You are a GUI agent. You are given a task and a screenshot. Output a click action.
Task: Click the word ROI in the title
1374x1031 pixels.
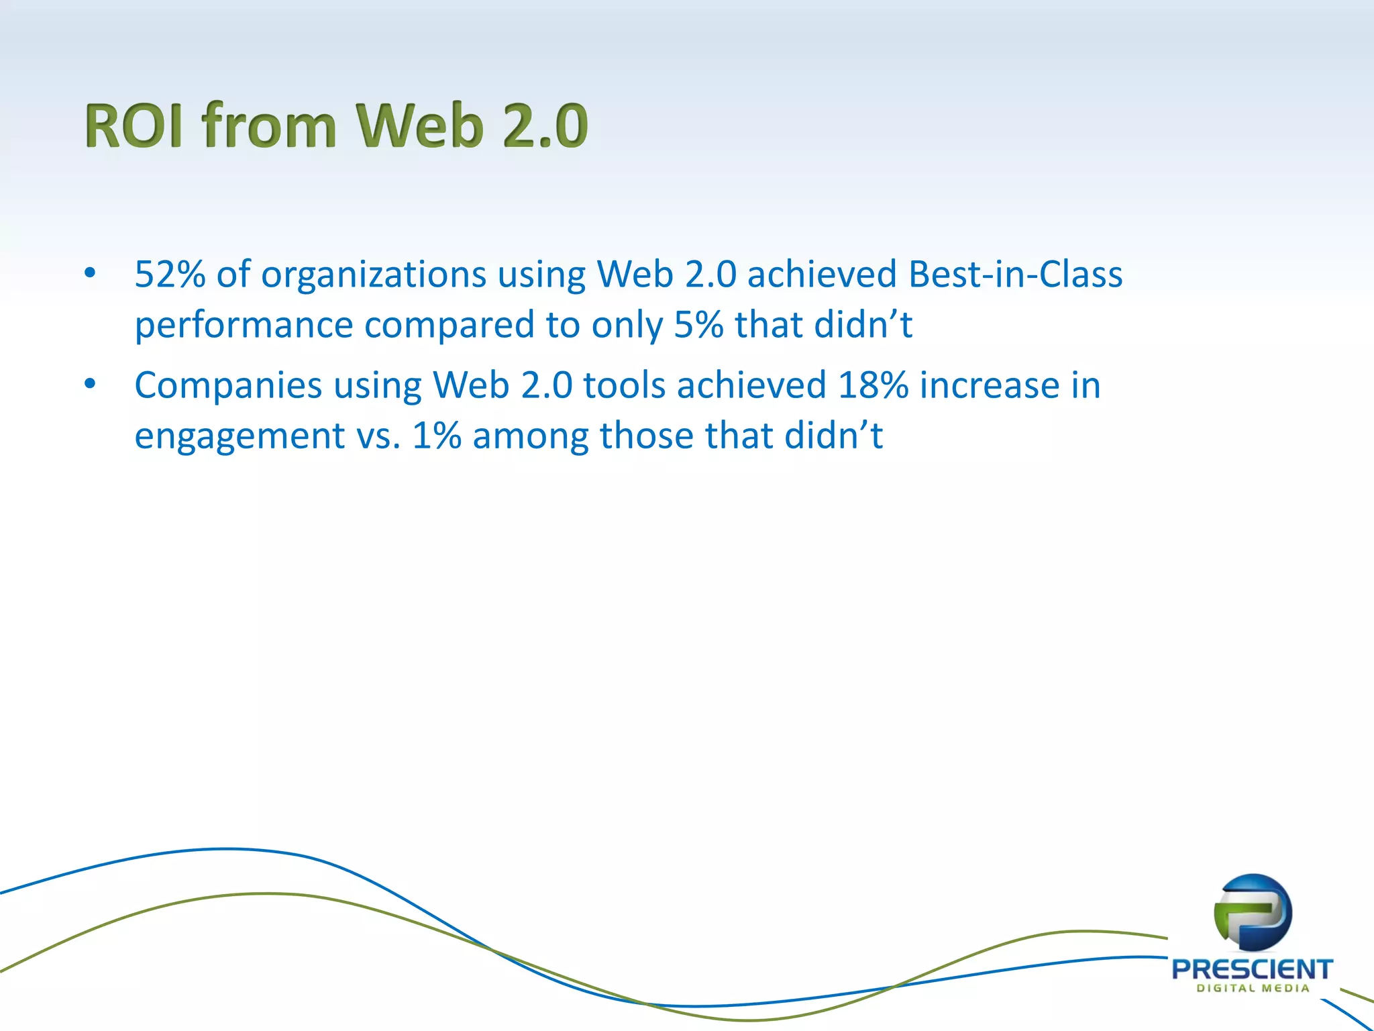134,126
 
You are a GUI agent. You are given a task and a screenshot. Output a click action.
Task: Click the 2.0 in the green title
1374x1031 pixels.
545,126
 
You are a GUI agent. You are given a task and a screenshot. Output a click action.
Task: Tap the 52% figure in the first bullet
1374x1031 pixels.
170,275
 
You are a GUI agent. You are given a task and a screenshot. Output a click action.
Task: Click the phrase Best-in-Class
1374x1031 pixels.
1015,275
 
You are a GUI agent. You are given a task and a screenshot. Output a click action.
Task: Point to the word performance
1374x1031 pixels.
244,326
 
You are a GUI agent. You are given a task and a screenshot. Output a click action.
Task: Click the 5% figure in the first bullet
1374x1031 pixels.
698,325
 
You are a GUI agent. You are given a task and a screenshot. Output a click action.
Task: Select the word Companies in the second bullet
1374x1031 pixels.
228,386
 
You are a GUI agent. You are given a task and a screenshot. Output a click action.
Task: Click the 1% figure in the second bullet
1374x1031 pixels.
437,436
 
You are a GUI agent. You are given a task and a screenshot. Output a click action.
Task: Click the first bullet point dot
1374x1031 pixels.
90,273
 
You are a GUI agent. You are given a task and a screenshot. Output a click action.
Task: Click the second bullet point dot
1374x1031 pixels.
90,384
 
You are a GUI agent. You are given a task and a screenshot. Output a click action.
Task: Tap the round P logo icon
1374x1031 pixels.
1252,913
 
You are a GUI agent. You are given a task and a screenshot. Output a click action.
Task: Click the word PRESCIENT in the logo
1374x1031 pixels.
1252,969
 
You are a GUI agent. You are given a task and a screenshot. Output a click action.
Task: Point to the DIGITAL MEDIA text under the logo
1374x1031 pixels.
1253,988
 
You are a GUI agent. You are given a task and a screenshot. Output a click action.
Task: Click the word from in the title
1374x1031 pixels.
268,126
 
